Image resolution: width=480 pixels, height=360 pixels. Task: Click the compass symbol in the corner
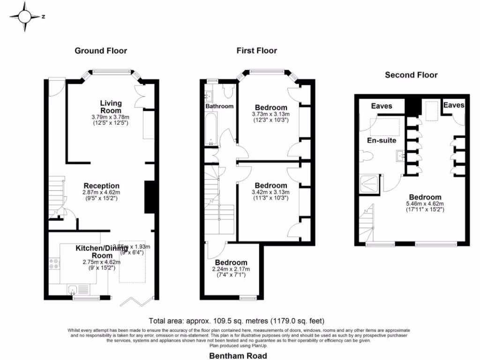[x=24, y=17]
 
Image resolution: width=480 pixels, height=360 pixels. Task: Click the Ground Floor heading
[x=101, y=51]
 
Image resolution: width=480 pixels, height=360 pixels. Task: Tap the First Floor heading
[x=256, y=51]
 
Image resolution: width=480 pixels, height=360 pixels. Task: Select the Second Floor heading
[x=411, y=75]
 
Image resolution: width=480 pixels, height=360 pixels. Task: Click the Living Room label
[x=111, y=106]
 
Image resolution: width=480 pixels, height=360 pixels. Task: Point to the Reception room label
[x=102, y=186]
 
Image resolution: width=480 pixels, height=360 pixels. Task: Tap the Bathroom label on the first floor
[x=219, y=106]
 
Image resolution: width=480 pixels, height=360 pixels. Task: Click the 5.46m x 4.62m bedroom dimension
[x=425, y=204]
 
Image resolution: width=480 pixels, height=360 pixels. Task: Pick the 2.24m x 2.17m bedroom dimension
[x=231, y=269]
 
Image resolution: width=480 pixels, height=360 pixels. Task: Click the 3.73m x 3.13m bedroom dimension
[x=271, y=114]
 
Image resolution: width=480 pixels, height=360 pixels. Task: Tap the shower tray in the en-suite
[x=370, y=184]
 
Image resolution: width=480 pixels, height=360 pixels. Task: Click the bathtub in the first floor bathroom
[x=211, y=129]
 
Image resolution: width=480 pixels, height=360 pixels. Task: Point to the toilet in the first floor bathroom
[x=228, y=91]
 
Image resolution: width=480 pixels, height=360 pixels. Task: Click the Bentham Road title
[x=238, y=356]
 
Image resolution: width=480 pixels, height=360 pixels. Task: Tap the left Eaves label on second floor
[x=382, y=106]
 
